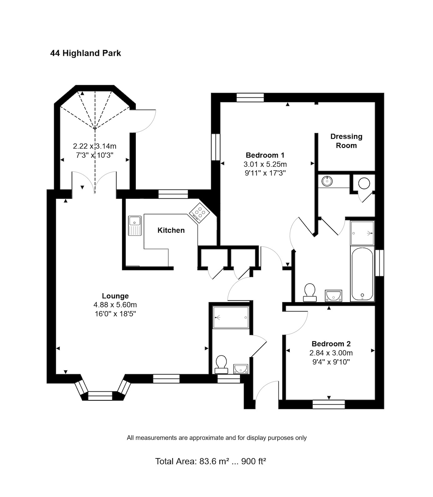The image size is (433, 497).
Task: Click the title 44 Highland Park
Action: [85, 53]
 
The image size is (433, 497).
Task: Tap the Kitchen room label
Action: [171, 230]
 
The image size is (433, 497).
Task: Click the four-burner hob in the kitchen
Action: [200, 213]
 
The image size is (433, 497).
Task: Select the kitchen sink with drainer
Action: [135, 225]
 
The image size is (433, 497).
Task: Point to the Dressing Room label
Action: [346, 141]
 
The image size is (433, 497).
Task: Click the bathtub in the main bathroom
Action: [362, 274]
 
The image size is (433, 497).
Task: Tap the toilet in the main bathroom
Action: [310, 293]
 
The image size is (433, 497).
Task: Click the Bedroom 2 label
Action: [331, 344]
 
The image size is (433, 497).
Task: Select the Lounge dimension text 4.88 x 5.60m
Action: [115, 305]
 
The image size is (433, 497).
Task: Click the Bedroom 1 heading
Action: [265, 155]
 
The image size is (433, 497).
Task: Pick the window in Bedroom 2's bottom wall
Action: [329, 404]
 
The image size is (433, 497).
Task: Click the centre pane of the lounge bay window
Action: [100, 396]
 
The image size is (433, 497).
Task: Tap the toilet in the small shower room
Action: [221, 364]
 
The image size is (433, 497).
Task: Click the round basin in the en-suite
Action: [327, 181]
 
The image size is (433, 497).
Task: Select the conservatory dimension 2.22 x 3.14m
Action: [95, 146]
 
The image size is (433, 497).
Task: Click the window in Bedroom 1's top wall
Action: [250, 97]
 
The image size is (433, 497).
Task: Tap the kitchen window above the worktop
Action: [173, 194]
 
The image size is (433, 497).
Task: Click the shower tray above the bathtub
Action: [362, 233]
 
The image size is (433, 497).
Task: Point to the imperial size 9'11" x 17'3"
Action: [265, 173]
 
